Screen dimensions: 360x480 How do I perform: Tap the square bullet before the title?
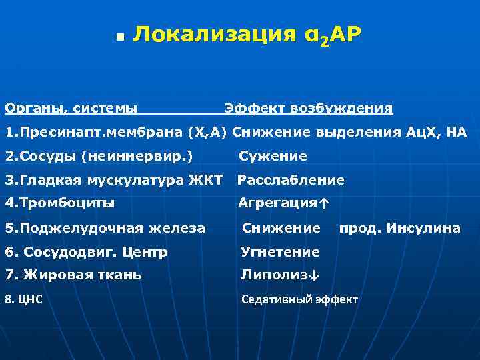[x=117, y=37]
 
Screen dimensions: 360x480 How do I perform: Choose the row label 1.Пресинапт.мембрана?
[x=93, y=132]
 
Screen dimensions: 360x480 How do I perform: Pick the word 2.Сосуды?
[x=40, y=157]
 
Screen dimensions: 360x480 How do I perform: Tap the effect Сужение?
[x=273, y=157]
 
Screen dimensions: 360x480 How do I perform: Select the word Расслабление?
[x=291, y=180]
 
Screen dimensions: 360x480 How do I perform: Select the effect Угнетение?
[x=280, y=253]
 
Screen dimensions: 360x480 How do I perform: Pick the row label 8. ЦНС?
[x=24, y=299]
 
